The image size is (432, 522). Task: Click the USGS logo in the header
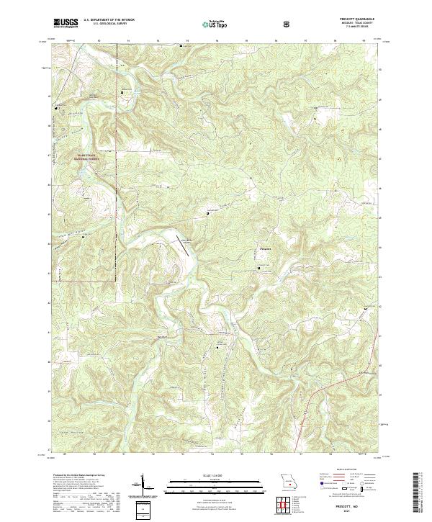coord(66,23)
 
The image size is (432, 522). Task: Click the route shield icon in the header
coord(287,23)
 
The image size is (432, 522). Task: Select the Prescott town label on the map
coord(264,251)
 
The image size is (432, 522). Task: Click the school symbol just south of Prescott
coord(260,268)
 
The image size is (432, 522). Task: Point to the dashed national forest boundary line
coord(115,216)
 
